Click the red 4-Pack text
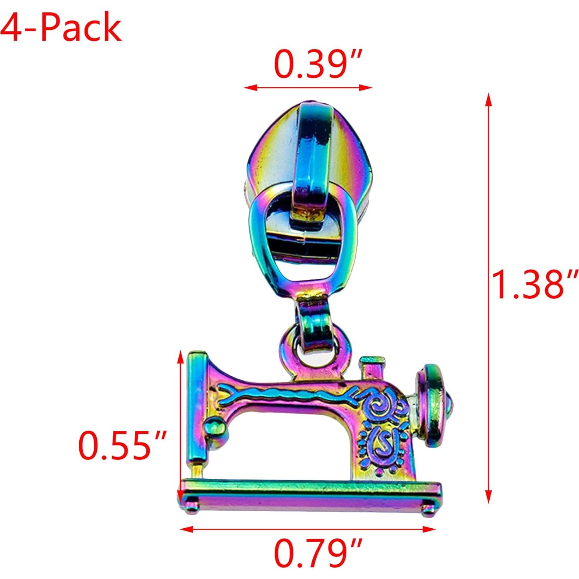[61, 27]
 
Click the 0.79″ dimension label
[318, 554]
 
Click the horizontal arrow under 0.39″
[308, 87]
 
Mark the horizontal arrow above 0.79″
[308, 529]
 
